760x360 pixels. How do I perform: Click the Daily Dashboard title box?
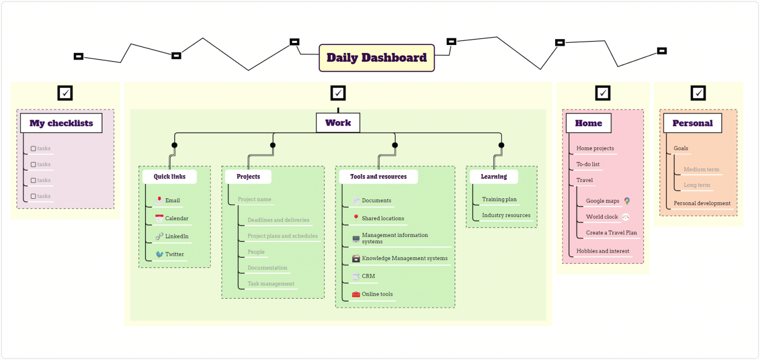point(377,58)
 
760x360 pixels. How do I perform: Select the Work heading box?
point(338,123)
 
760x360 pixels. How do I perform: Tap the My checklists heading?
point(61,123)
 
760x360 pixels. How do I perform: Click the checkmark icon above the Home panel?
point(603,93)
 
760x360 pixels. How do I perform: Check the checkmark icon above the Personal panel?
point(698,93)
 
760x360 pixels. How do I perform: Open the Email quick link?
point(172,200)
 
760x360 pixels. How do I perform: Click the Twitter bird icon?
point(159,254)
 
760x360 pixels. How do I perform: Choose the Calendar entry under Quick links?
point(177,218)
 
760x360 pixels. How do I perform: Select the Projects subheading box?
point(248,177)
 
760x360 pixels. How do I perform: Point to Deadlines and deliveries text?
point(278,220)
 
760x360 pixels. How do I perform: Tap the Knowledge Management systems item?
point(404,258)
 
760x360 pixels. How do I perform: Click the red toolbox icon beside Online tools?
point(356,294)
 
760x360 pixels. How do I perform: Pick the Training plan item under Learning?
point(499,199)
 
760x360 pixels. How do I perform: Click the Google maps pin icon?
point(627,201)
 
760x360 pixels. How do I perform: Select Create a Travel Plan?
point(611,232)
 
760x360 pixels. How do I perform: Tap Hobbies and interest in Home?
point(603,251)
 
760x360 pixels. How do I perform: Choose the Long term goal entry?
point(697,185)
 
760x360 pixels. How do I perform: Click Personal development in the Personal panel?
point(702,203)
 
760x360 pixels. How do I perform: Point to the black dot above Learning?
point(501,145)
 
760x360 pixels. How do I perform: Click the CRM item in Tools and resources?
point(368,276)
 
